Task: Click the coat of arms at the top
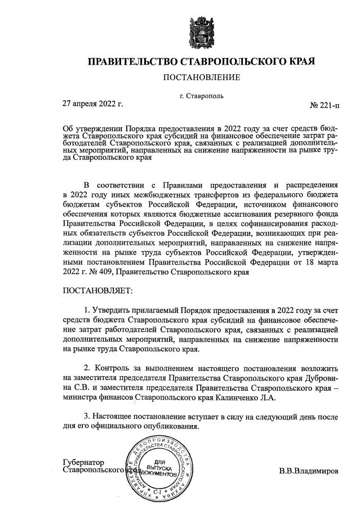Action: coord(201,32)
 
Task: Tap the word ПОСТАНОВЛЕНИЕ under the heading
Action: coord(201,77)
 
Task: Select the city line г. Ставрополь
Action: coord(201,95)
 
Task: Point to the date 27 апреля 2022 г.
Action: coord(92,104)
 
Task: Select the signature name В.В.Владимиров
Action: coord(309,470)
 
